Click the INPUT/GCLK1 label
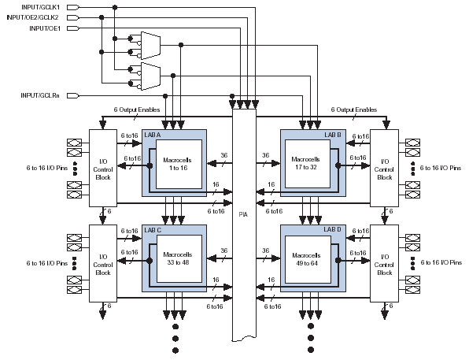pyautogui.click(x=40, y=7)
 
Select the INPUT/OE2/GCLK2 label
pyautogui.click(x=32, y=17)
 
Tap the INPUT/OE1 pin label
pyautogui.click(x=45, y=28)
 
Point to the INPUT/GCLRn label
pyautogui.click(x=40, y=95)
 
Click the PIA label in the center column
pyautogui.click(x=243, y=214)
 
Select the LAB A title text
pyautogui.click(x=152, y=135)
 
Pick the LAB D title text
pyautogui.click(x=332, y=229)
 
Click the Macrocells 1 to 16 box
pyautogui.click(x=179, y=164)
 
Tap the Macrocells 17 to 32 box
pyautogui.click(x=308, y=164)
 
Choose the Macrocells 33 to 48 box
pyautogui.click(x=179, y=258)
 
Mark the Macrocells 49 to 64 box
pyautogui.click(x=308, y=259)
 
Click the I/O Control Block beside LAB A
pyautogui.click(x=103, y=168)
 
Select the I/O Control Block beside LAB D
pyautogui.click(x=384, y=263)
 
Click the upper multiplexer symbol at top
pyautogui.click(x=150, y=46)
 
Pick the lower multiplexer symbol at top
pyautogui.click(x=150, y=76)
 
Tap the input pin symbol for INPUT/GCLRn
pyautogui.click(x=73, y=95)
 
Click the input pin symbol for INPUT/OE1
pyautogui.click(x=73, y=28)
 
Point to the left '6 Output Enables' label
pyautogui.click(x=137, y=109)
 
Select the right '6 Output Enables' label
pyautogui.click(x=354, y=109)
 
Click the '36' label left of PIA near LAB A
pyautogui.click(x=224, y=155)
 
